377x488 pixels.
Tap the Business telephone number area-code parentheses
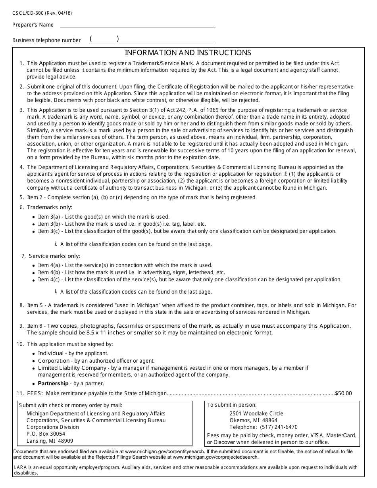[104, 39]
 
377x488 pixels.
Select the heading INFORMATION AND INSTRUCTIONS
[188, 53]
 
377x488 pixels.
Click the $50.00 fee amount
[343, 393]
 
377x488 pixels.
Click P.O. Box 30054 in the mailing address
[46, 434]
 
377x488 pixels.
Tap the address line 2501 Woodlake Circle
[256, 413]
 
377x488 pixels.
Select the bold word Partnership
[53, 383]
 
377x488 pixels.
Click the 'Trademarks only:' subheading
[50, 207]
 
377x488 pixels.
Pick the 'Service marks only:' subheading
[54, 256]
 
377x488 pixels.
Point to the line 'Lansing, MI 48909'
[50, 441]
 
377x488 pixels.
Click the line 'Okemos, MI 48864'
[253, 420]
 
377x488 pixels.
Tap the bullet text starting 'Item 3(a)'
[103, 217]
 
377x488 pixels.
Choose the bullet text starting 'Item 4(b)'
[131, 272]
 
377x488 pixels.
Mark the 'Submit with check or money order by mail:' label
[71, 405]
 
